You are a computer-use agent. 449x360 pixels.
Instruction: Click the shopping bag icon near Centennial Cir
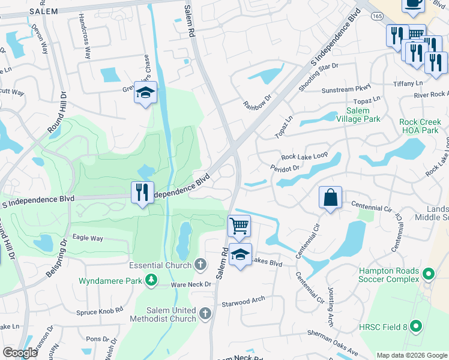pos(331,198)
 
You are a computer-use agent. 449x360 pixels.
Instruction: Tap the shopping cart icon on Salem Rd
pos(239,227)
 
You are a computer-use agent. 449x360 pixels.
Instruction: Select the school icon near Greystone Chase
pos(145,93)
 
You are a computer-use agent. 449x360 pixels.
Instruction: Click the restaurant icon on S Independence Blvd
pos(142,193)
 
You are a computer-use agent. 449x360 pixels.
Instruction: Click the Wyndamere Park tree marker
pos(152,280)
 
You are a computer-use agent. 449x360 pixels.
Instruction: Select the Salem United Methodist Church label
pos(171,314)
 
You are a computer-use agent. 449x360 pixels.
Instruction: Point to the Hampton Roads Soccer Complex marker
pos(428,275)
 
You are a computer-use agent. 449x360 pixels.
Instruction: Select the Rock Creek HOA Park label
pos(424,125)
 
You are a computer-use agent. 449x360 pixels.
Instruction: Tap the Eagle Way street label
pos(88,238)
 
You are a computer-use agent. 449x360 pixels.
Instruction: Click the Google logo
pos(20,353)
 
